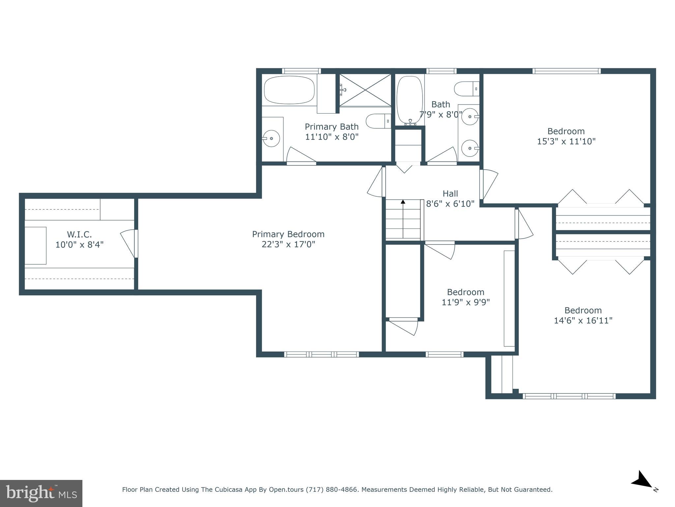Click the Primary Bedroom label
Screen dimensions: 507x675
[x=288, y=234]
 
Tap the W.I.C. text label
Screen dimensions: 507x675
[x=79, y=234]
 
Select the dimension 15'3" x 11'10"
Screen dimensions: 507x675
[x=566, y=141]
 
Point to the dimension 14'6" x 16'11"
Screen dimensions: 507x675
[x=583, y=321]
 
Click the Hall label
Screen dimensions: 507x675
[x=450, y=193]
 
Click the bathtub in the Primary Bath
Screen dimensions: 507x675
[x=289, y=90]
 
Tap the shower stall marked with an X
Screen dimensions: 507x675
[x=365, y=90]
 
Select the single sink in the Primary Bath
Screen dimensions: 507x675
[x=271, y=138]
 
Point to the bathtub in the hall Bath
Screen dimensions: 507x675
[x=409, y=100]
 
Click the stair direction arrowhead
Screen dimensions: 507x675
[x=403, y=202]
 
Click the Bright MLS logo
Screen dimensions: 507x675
[x=41, y=493]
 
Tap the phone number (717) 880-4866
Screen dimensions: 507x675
[x=332, y=490]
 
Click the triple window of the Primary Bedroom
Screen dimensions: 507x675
[x=321, y=354]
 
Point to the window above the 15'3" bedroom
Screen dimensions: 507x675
[x=566, y=71]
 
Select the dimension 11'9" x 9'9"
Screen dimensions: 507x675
[x=465, y=302]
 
